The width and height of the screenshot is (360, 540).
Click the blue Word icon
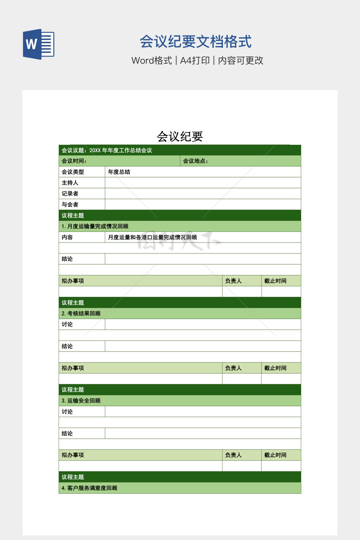(39, 44)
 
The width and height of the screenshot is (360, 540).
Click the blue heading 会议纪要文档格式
(195, 41)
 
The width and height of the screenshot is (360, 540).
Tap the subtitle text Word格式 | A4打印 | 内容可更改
(197, 60)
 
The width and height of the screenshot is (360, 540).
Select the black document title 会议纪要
(180, 136)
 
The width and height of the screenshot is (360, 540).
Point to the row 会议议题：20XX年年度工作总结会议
(107, 150)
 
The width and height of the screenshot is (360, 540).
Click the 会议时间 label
(74, 161)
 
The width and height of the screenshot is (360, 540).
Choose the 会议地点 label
(195, 161)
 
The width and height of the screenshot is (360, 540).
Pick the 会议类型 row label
(73, 172)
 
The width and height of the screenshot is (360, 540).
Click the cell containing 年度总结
(119, 172)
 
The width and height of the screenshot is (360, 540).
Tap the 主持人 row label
(70, 183)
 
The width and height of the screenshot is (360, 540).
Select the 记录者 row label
(70, 194)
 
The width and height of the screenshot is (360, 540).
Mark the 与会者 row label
(70, 205)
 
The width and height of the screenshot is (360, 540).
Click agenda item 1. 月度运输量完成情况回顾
(95, 226)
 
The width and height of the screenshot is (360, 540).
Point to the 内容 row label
(67, 237)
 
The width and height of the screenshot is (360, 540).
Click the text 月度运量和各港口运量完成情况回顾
(152, 237)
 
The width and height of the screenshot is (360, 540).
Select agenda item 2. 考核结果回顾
(81, 314)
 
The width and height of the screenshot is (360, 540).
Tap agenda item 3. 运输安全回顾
(81, 401)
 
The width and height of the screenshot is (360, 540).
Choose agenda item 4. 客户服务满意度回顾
(89, 488)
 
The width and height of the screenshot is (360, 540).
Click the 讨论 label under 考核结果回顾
(67, 324)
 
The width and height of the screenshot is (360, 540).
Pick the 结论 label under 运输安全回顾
(67, 433)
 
